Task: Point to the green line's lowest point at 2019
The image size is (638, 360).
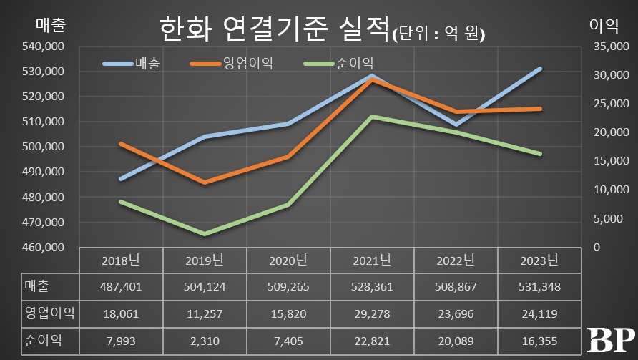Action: [205, 234]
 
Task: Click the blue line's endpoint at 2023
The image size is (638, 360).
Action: [540, 69]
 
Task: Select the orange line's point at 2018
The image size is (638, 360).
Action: [121, 144]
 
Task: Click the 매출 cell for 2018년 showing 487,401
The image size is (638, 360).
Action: [122, 287]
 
